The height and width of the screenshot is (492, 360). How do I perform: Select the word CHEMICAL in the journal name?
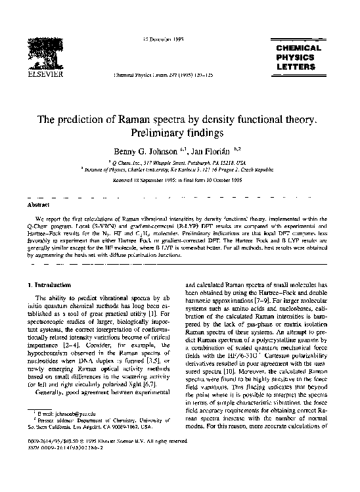[x=299, y=49]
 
